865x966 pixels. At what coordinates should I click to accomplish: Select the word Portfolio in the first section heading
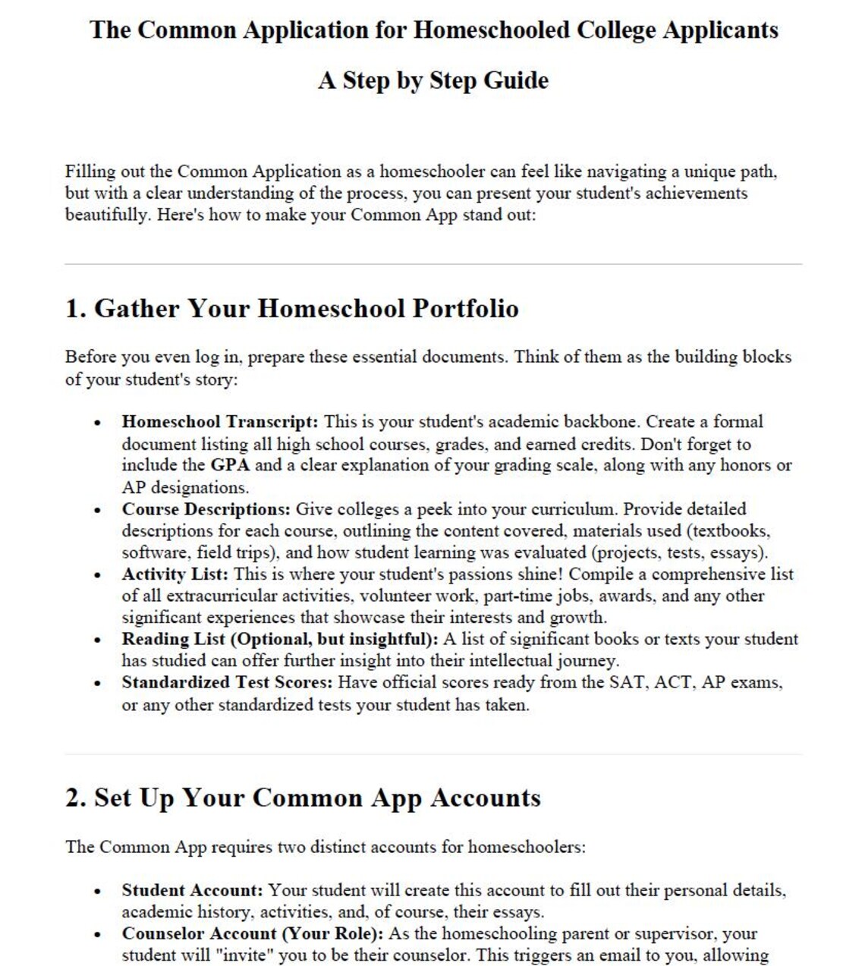click(465, 309)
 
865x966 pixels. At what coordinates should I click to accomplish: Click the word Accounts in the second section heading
click(486, 798)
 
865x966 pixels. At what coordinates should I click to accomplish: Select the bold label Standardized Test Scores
click(227, 682)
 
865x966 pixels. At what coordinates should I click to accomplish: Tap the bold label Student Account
click(192, 890)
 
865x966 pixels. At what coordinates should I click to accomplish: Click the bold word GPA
click(230, 465)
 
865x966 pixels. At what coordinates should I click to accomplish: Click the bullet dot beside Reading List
click(97, 640)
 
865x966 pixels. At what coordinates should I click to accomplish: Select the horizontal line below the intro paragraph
click(432, 264)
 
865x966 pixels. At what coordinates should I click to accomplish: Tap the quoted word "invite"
click(247, 955)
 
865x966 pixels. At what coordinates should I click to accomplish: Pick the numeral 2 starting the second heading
click(73, 798)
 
